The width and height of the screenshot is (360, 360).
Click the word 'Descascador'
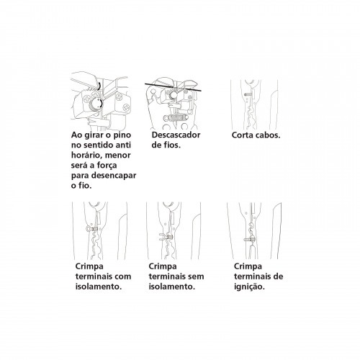[x=175, y=135]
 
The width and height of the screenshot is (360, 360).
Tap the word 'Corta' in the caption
[x=245, y=135]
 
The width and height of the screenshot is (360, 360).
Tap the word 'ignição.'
[x=250, y=285]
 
